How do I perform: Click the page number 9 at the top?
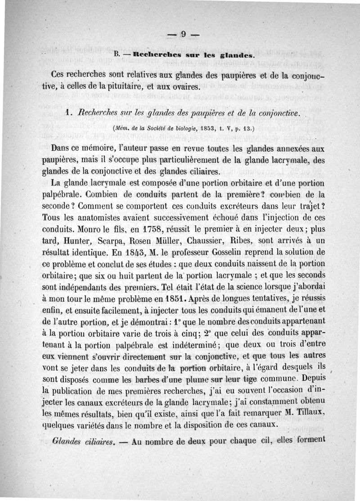click(183, 35)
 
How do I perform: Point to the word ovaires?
click(184, 87)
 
